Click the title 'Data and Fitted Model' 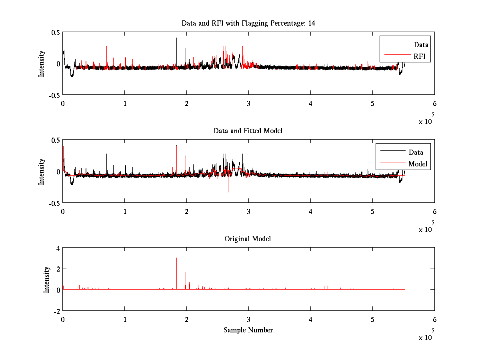pyautogui.click(x=248, y=131)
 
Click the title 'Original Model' pyautogui.click(x=248, y=239)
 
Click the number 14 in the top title pyautogui.click(x=311, y=23)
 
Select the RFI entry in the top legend pyautogui.click(x=420, y=56)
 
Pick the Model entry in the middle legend pyautogui.click(x=418, y=164)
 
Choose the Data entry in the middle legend pyautogui.click(x=416, y=152)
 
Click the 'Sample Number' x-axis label pyautogui.click(x=248, y=330)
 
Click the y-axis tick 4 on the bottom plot pyautogui.click(x=58, y=248)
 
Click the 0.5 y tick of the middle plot pyautogui.click(x=55, y=140)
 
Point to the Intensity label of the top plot pyautogui.click(x=41, y=64)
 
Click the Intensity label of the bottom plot pyautogui.click(x=46, y=279)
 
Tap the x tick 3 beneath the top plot pyautogui.click(x=248, y=103)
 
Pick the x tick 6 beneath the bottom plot pyautogui.click(x=434, y=320)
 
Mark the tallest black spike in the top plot pyautogui.click(x=176, y=38)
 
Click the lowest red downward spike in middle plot pyautogui.click(x=228, y=192)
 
